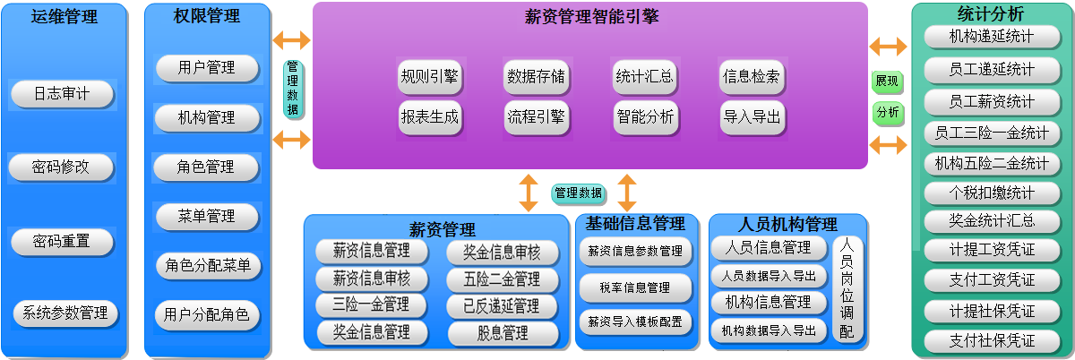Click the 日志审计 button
point(63,94)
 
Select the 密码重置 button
point(63,242)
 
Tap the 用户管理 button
point(207,68)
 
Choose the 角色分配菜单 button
point(208,266)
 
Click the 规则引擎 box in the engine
point(430,77)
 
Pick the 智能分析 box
point(646,116)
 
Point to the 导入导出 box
point(752,116)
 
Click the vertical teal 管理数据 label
point(293,89)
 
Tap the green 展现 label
point(887,81)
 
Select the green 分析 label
point(888,113)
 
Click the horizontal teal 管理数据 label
point(579,193)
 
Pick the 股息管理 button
point(503,333)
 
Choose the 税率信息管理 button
point(635,288)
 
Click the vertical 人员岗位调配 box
point(847,289)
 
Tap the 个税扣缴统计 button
point(992,193)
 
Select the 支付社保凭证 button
point(992,341)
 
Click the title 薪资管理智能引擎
point(591,17)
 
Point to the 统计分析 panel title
point(991,13)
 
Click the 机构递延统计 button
point(992,37)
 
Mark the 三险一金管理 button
point(372,304)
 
